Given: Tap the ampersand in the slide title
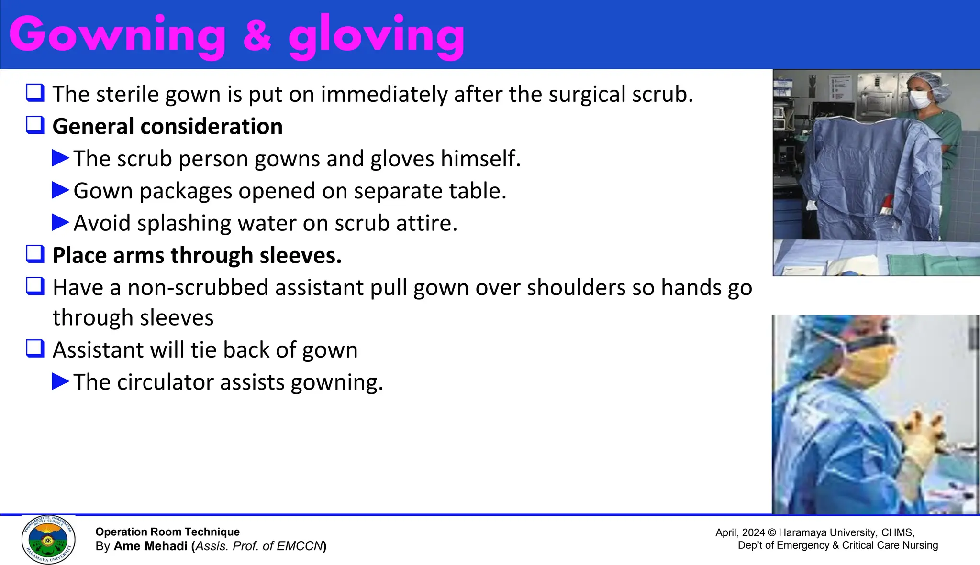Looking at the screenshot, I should click(257, 36).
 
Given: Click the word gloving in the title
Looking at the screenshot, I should click(377, 36).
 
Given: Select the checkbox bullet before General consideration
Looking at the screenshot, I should click(35, 125).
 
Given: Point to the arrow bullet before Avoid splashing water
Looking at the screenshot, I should click(60, 222).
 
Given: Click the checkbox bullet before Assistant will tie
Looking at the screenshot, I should click(35, 349).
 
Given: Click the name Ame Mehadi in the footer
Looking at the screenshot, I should click(150, 546).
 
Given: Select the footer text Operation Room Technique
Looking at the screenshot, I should click(167, 532).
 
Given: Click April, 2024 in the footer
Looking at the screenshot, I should click(740, 532).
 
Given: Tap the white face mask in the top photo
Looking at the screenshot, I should click(920, 99).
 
